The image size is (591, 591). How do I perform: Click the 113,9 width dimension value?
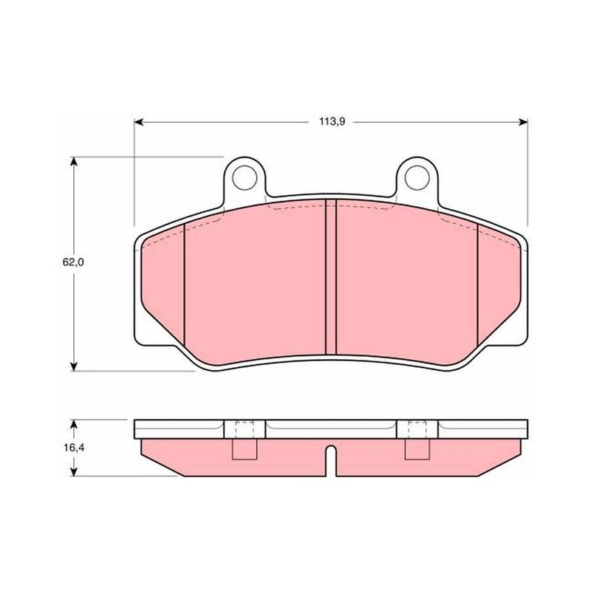click(332, 122)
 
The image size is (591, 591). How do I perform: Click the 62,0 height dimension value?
click(73, 262)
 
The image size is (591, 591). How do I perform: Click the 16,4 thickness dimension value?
click(73, 448)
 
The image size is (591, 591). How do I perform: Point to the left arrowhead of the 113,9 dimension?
click(139, 122)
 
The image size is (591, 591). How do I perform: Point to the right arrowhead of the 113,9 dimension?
click(523, 122)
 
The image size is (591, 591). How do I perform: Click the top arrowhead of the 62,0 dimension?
click(74, 161)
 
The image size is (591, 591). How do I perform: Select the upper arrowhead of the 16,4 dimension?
click(74, 424)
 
